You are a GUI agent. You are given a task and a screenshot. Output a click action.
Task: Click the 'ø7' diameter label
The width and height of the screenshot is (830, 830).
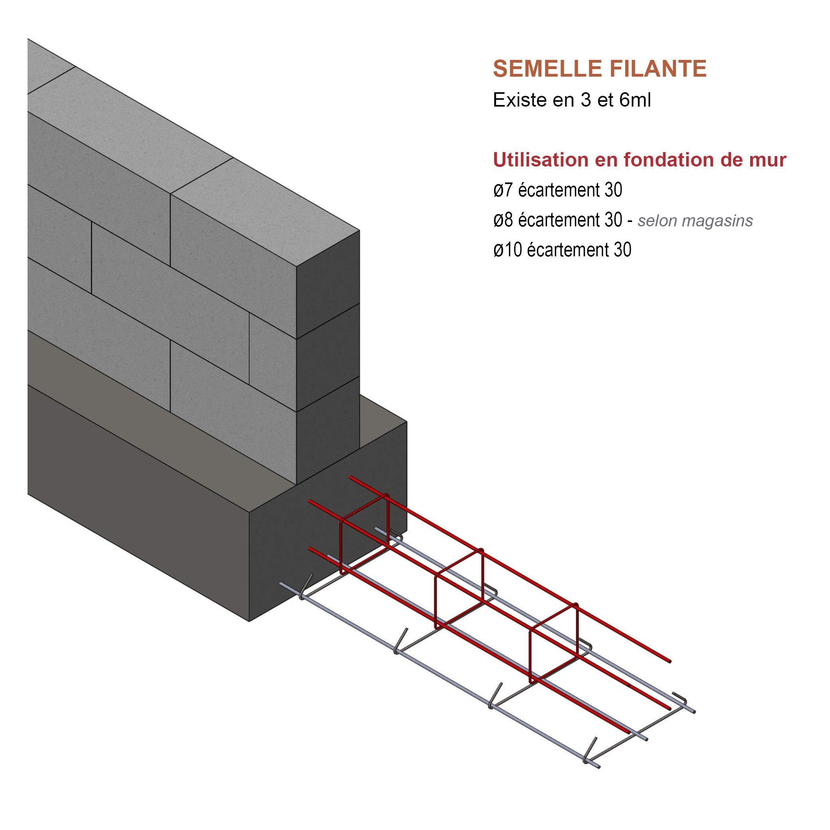point(503,190)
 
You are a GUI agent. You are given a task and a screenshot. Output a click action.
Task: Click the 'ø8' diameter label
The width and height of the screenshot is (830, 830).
point(503,220)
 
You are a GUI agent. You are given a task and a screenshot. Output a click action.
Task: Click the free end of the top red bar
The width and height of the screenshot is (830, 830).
point(668,661)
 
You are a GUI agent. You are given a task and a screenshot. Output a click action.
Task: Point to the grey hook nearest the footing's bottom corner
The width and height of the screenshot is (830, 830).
point(306,586)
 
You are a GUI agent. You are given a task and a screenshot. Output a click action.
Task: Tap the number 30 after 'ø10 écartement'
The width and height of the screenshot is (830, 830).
point(622,250)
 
